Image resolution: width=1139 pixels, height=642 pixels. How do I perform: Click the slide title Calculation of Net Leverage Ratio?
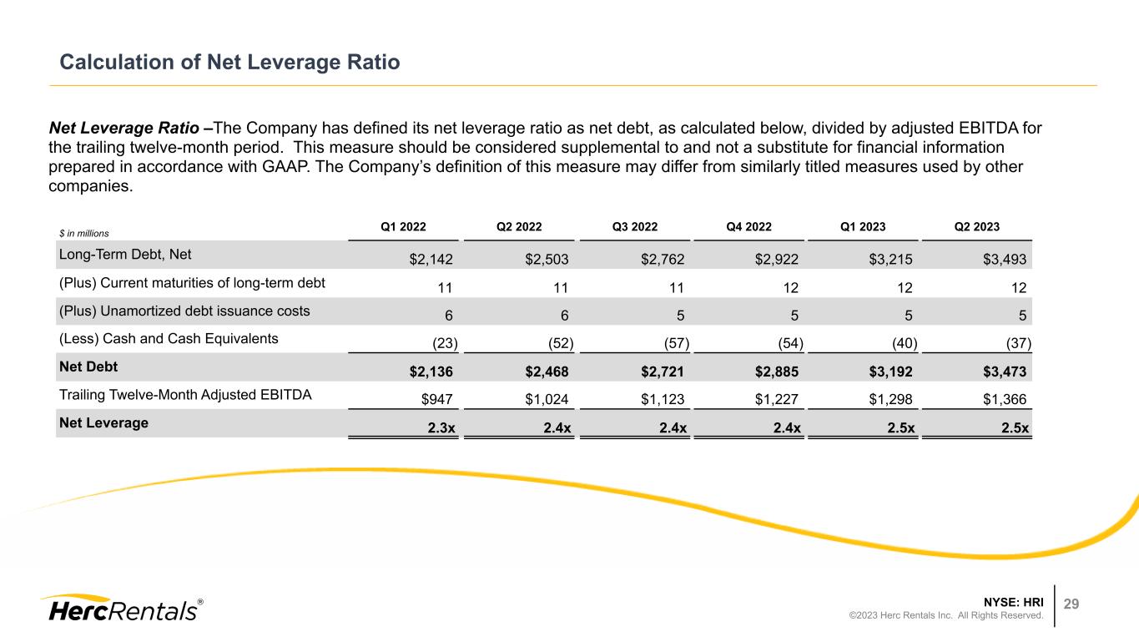[230, 62]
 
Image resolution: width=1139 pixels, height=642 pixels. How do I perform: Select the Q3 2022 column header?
[635, 226]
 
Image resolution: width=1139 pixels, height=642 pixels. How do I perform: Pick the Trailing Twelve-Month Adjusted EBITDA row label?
[185, 395]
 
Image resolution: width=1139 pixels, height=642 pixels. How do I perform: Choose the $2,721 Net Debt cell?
[665, 372]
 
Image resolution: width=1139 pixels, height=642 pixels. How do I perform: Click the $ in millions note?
[84, 233]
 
